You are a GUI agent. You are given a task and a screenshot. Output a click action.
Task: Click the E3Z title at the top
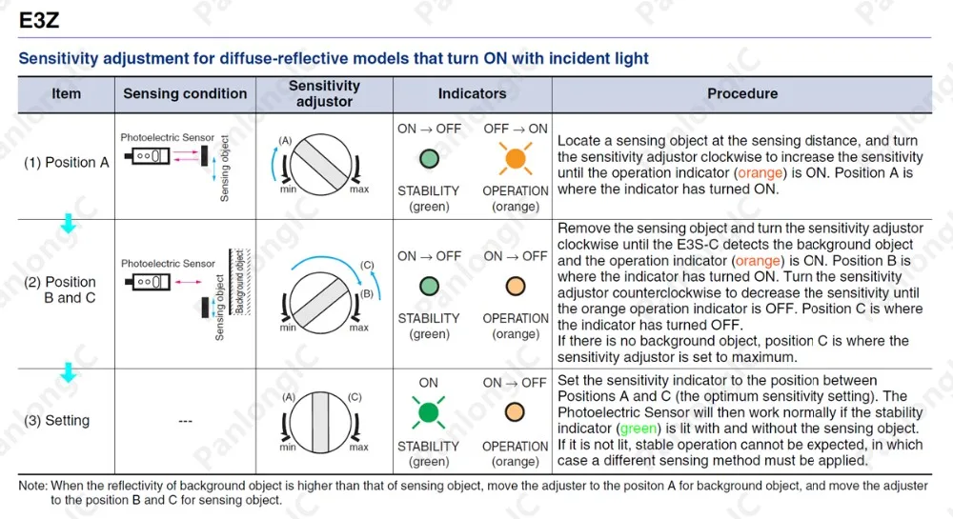(39, 21)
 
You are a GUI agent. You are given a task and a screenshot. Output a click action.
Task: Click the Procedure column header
(742, 93)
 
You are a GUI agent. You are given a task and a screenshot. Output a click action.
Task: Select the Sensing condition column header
(185, 93)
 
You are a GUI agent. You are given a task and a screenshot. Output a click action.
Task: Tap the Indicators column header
(473, 93)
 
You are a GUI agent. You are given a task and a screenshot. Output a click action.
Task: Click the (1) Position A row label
(67, 163)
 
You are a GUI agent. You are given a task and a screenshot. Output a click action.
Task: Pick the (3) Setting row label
(56, 420)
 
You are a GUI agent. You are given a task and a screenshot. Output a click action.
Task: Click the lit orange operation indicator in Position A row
(516, 158)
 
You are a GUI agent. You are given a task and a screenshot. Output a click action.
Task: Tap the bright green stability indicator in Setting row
(429, 412)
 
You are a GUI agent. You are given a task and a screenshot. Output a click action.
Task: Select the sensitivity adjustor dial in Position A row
(321, 165)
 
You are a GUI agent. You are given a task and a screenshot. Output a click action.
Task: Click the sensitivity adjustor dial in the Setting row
(320, 423)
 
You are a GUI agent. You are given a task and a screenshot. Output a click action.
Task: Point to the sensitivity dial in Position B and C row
(320, 303)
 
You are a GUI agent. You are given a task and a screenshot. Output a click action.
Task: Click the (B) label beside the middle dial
(367, 294)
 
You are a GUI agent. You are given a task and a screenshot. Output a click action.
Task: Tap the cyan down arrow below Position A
(69, 224)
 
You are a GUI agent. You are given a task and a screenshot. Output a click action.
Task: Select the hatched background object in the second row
(239, 282)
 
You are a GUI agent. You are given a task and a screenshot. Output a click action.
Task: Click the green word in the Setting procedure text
(639, 429)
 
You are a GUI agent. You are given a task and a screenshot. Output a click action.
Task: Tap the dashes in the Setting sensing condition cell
(186, 421)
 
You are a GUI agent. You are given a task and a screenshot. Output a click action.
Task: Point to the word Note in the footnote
(32, 486)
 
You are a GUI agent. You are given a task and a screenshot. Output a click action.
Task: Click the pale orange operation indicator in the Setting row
(515, 412)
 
